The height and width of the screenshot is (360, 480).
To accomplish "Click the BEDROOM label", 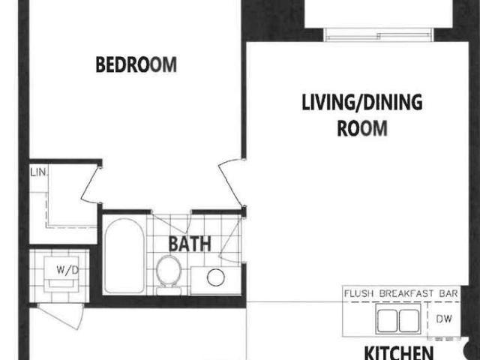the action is (x=136, y=64).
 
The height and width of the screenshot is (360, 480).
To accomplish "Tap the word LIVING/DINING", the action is (x=362, y=102).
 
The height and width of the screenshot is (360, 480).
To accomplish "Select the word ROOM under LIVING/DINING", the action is (x=362, y=128).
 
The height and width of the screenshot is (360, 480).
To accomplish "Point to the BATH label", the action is (x=190, y=244).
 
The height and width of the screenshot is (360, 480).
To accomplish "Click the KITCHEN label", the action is (x=399, y=352).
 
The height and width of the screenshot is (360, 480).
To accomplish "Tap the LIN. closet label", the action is (x=39, y=172).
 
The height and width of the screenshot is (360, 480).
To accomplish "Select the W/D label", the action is (x=67, y=270).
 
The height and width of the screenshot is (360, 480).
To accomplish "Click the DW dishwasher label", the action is (x=444, y=319).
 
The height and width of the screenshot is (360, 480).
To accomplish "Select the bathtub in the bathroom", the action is (x=124, y=256).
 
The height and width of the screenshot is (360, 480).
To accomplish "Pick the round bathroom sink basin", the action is (x=216, y=277).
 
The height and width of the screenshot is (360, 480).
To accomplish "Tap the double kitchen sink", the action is (x=398, y=319).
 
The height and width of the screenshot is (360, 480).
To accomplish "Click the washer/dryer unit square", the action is (x=61, y=274).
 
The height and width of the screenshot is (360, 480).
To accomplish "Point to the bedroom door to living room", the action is (x=230, y=184).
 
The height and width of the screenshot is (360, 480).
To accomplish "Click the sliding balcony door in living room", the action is (x=378, y=34).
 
